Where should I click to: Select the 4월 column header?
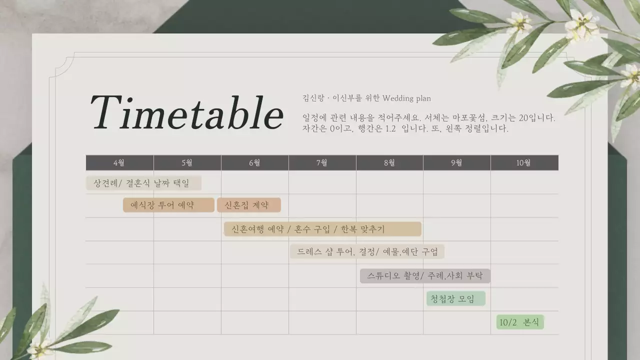click(x=119, y=163)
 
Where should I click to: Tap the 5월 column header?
click(x=187, y=163)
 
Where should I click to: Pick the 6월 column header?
click(x=254, y=163)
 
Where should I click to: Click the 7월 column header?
click(x=322, y=163)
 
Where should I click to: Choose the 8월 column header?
click(x=389, y=163)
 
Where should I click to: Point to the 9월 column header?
click(x=456, y=163)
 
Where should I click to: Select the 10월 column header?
click(x=524, y=163)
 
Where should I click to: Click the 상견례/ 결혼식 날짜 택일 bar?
click(x=143, y=183)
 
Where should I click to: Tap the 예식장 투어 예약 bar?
click(x=168, y=205)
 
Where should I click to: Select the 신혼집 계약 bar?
click(x=248, y=205)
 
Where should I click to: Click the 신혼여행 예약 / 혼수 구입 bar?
click(x=322, y=229)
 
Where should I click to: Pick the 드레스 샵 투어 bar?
click(x=367, y=251)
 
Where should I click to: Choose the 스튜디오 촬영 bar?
click(x=425, y=275)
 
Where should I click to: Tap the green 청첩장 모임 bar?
click(x=455, y=299)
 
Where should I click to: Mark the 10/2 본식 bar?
click(x=520, y=322)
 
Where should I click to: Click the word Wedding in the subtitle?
click(x=398, y=98)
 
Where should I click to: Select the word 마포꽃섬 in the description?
click(x=468, y=118)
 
